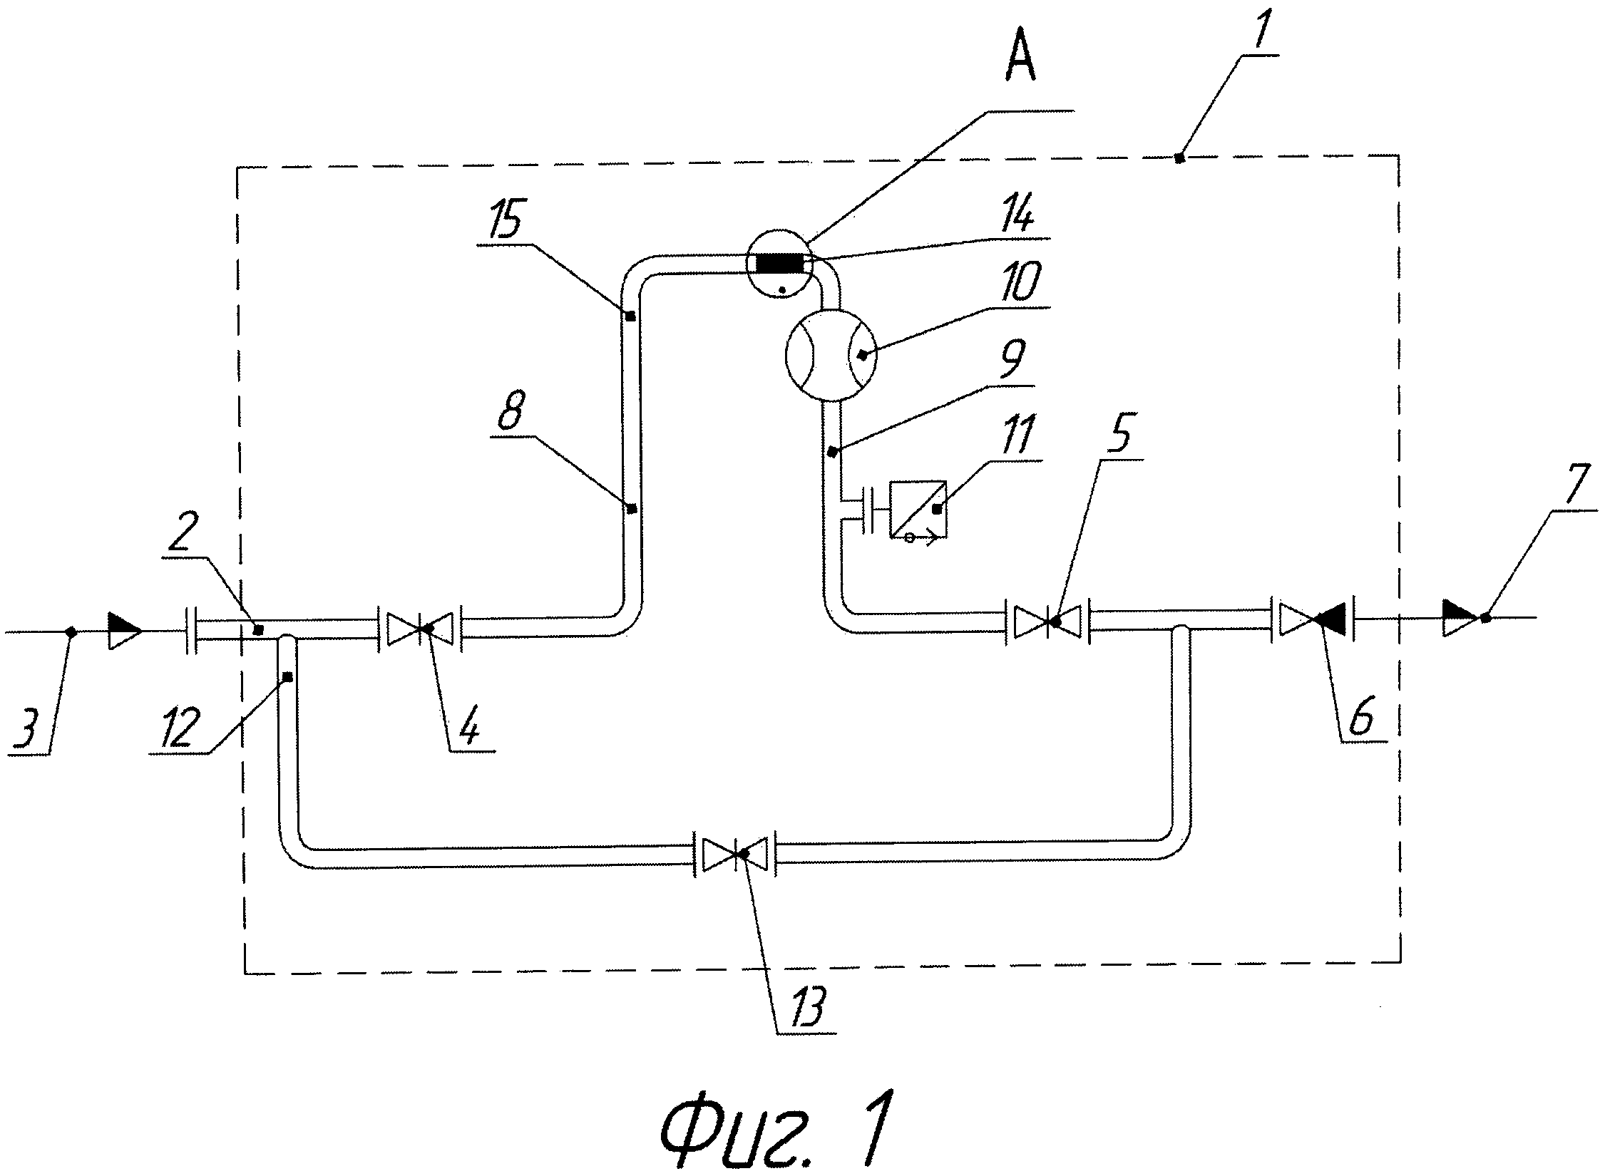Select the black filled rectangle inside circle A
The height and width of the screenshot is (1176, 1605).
[779, 264]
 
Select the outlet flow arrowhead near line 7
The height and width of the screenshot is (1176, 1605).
[1460, 618]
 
